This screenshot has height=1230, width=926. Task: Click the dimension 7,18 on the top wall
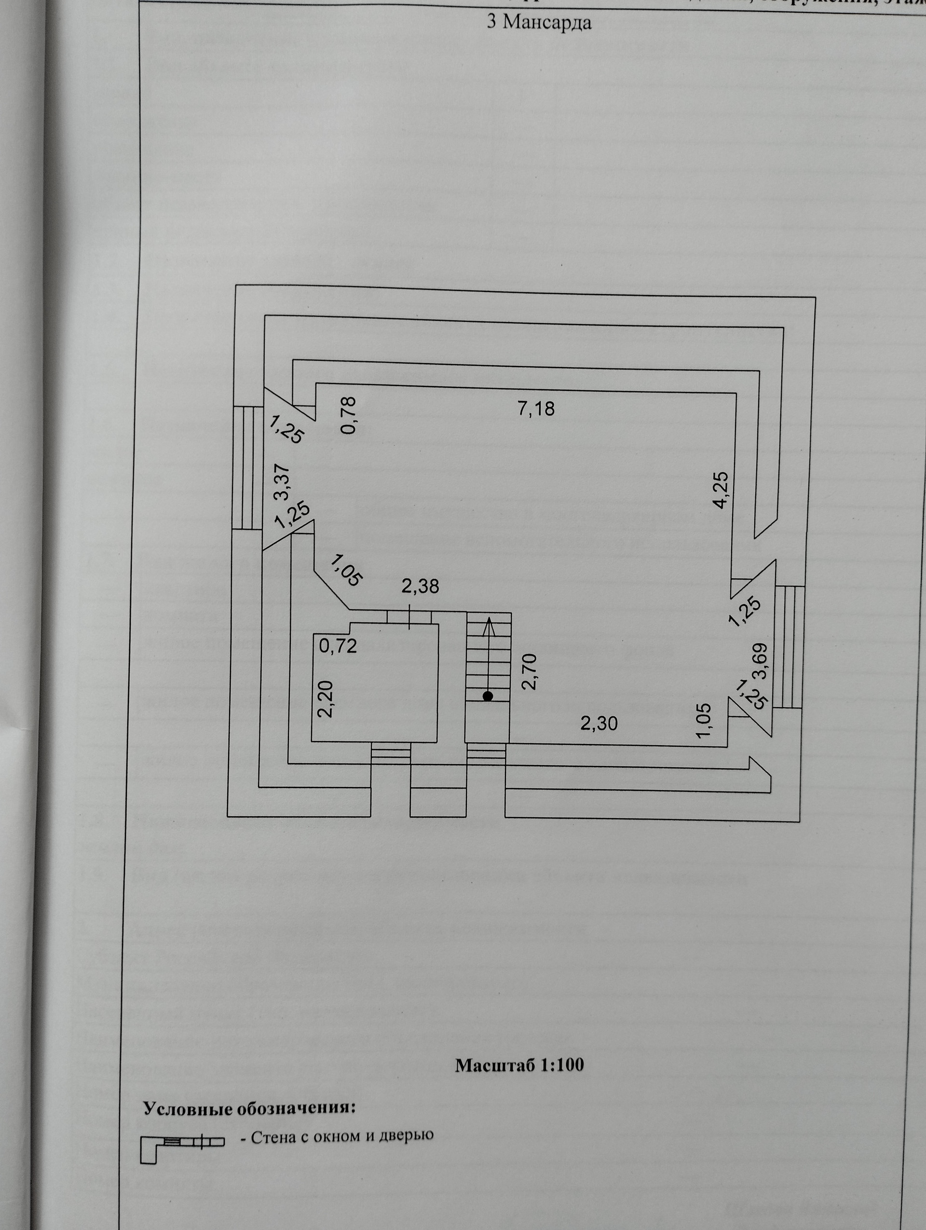[x=536, y=409]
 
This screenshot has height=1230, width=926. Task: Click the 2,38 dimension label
[x=420, y=586]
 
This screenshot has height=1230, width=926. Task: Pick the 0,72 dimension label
[x=338, y=646]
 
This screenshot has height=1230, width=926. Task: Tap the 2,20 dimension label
[x=326, y=699]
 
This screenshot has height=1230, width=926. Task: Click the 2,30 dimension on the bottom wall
[x=599, y=724]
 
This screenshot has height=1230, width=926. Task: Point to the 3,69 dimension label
[x=760, y=661]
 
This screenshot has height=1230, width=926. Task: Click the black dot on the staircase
[x=488, y=696]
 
